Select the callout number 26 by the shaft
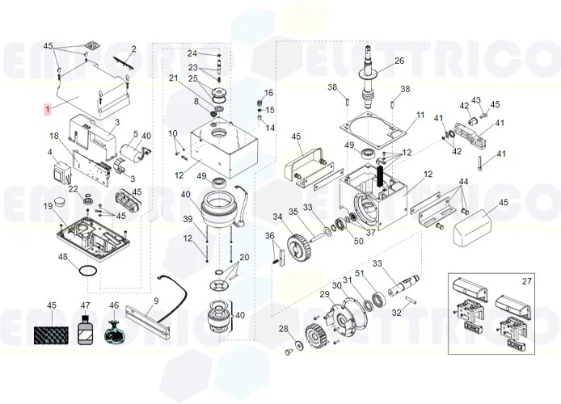[399, 61]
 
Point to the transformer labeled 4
[61, 173]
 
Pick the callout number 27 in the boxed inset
[527, 281]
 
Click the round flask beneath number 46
[114, 332]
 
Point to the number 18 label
[54, 136]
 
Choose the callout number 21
[173, 78]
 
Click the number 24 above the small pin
[192, 53]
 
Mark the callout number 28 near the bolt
[283, 328]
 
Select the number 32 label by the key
[396, 312]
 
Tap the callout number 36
[270, 235]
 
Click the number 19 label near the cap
[48, 207]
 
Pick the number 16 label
[269, 93]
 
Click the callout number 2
[133, 49]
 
